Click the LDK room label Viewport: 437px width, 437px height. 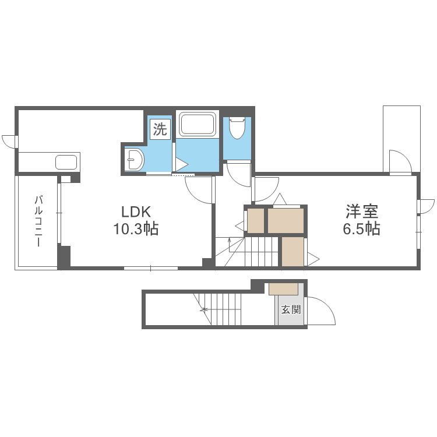click(x=136, y=211)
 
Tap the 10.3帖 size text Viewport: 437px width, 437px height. click(x=136, y=229)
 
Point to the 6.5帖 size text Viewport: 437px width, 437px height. click(x=361, y=229)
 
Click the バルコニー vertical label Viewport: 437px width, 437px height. click(x=38, y=222)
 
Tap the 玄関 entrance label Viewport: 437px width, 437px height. click(x=291, y=309)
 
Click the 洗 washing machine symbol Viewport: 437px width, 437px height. click(x=160, y=129)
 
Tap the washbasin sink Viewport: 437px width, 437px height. click(x=135, y=159)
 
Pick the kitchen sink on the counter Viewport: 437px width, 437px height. click(x=66, y=161)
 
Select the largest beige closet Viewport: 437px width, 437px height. click(x=286, y=221)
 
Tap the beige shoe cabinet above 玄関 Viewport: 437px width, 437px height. click(x=284, y=288)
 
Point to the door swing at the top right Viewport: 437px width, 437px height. click(x=400, y=161)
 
